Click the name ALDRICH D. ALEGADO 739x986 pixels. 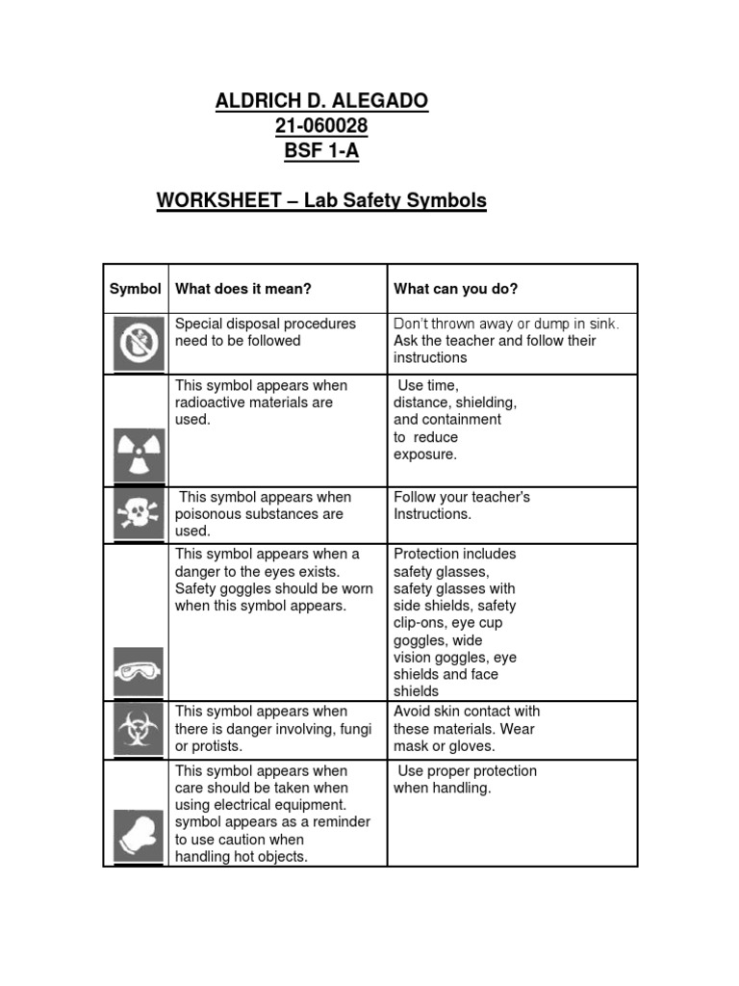coord(321,101)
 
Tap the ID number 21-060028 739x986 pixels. coord(321,126)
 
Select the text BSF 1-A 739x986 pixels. coord(321,151)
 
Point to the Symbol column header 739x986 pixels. coord(136,289)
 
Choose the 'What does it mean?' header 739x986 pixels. coord(243,289)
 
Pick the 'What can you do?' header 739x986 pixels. coord(455,289)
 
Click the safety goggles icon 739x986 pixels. coord(138,670)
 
